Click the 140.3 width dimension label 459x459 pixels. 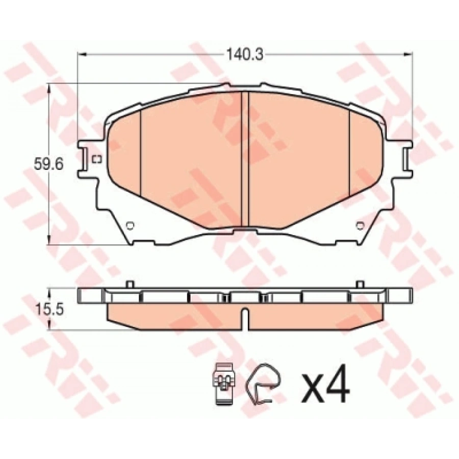tap(245, 55)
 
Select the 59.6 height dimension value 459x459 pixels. tap(48, 164)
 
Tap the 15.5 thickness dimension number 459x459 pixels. tap(49, 309)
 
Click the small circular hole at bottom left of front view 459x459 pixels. tap(130, 225)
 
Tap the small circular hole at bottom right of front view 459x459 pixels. tap(360, 225)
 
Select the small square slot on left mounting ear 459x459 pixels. tap(96, 159)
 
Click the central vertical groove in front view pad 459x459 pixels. tap(244, 160)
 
